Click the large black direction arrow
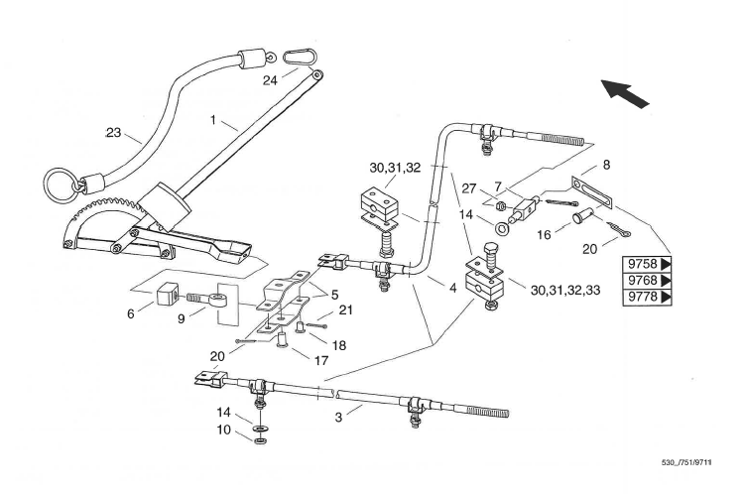click(624, 93)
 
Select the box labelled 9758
click(647, 264)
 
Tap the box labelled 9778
click(647, 297)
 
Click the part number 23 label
click(113, 133)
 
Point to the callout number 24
click(270, 80)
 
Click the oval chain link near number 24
click(299, 58)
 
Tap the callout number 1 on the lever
click(213, 120)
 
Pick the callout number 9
click(181, 318)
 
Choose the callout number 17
click(321, 360)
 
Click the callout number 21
click(345, 310)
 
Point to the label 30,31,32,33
click(564, 290)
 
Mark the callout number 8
click(606, 165)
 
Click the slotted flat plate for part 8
click(590, 191)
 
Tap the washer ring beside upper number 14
click(501, 229)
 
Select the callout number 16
click(544, 235)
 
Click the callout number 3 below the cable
click(338, 418)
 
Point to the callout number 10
click(223, 430)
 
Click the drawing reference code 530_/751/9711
click(687, 462)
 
